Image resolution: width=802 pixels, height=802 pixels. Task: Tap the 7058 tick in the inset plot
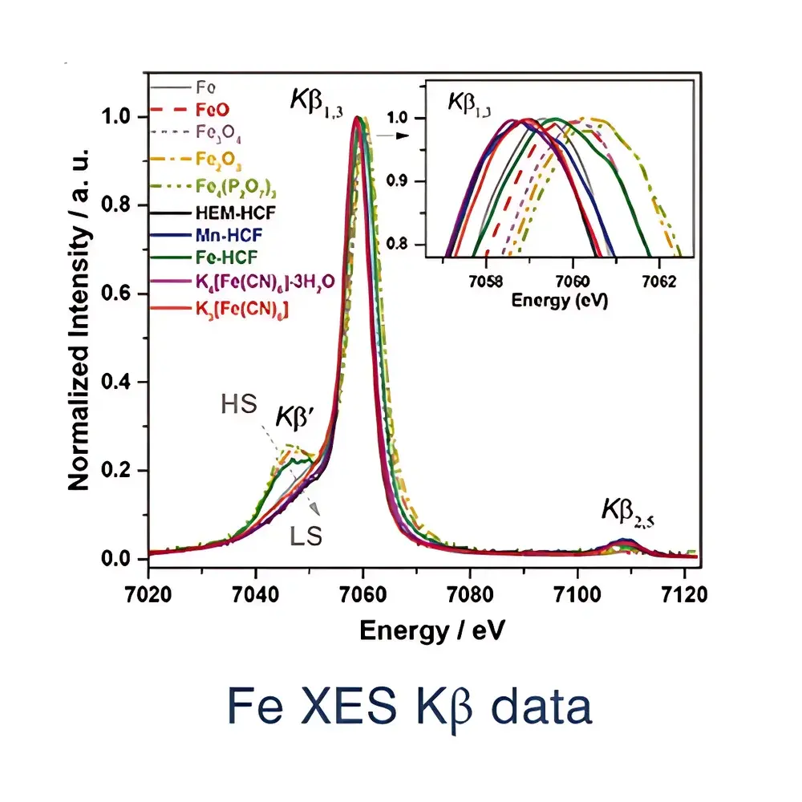pos(486,282)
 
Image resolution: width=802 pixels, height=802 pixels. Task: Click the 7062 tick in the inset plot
pos(659,282)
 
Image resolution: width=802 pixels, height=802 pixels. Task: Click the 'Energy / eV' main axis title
pos(433,630)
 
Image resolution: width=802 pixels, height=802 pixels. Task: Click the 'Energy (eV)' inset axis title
pos(561,301)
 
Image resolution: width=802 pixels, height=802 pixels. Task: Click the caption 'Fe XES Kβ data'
pos(410,707)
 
